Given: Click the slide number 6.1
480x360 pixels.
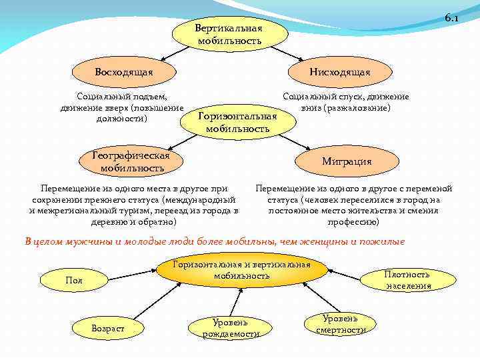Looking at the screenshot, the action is [x=451, y=18].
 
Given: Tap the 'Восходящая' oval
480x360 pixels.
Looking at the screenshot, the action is [x=124, y=71].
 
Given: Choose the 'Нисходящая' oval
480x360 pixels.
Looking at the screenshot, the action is [x=339, y=71].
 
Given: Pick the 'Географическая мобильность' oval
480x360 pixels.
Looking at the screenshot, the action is [x=132, y=161].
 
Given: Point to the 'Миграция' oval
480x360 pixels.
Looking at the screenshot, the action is [x=347, y=161].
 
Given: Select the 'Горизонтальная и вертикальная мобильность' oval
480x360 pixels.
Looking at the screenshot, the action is [x=242, y=270].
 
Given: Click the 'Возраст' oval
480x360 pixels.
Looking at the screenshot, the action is [x=108, y=328].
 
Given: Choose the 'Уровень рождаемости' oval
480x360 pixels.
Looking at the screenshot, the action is [x=231, y=327].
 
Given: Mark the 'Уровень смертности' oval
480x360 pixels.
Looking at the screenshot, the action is [x=341, y=324].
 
